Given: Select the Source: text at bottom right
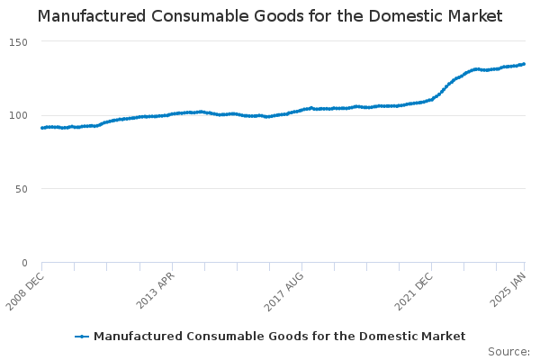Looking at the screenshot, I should [x=508, y=351].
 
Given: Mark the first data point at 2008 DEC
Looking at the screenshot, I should [x=42, y=128].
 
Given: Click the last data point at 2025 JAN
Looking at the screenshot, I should [x=525, y=64].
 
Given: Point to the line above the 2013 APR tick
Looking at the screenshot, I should [x=172, y=114].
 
